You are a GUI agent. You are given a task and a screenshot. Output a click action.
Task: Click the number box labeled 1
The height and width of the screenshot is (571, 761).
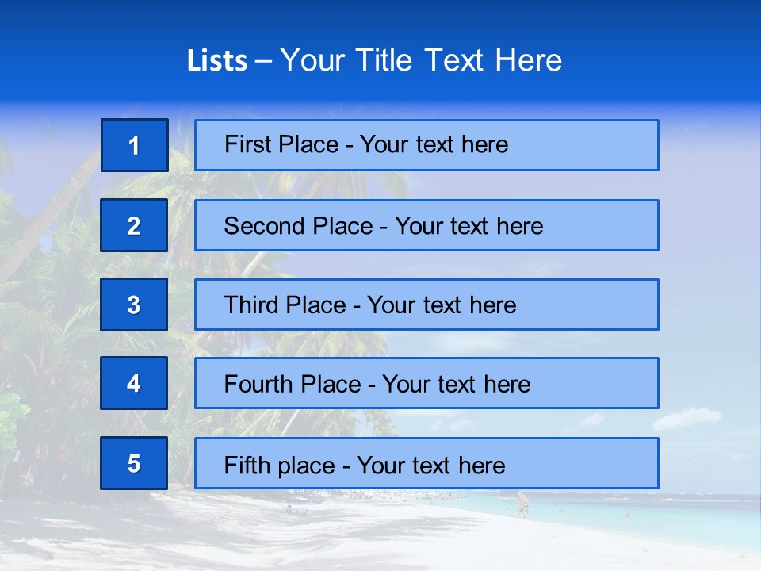[135, 145]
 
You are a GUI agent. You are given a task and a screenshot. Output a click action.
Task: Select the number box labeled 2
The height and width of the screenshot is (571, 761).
[134, 225]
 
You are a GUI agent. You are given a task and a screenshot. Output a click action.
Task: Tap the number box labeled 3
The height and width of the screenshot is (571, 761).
[134, 305]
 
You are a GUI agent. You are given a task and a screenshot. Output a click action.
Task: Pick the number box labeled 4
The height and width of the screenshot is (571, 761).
[134, 383]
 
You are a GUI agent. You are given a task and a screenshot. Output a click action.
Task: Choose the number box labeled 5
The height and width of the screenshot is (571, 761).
[134, 463]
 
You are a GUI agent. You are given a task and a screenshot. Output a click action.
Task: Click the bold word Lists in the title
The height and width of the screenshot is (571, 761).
[217, 61]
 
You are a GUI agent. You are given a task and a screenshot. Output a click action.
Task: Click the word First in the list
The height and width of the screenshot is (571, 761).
[248, 144]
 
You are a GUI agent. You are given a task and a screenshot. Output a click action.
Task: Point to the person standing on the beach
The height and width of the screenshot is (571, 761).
[522, 505]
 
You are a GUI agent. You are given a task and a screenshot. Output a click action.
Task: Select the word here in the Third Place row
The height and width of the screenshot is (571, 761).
[492, 305]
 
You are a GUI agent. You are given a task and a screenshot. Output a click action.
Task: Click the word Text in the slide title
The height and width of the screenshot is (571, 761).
[455, 60]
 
